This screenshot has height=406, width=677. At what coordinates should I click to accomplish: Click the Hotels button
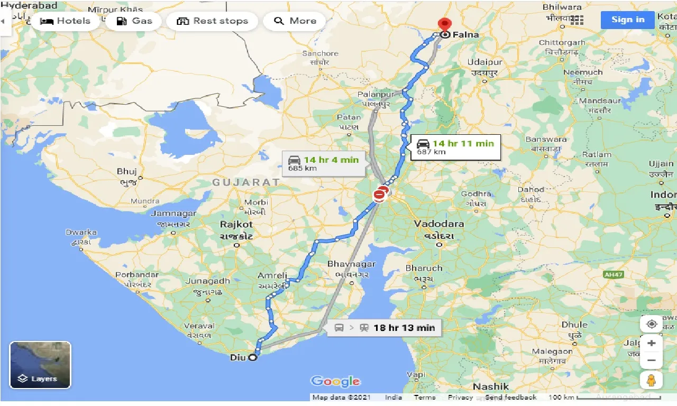pos(65,21)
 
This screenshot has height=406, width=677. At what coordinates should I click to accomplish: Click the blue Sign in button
pos(627,20)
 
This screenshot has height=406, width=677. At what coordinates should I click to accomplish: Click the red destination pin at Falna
pos(445,24)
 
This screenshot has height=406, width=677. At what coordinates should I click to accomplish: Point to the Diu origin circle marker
pos(253,357)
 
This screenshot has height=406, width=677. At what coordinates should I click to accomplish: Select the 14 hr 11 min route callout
pos(455,146)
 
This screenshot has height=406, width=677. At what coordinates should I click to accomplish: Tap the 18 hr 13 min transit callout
pos(385,328)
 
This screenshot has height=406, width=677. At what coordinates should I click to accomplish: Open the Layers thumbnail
pos(40,365)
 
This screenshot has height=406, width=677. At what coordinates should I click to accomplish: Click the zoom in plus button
pos(652,344)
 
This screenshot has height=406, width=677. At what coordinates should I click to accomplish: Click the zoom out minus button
pos(652,361)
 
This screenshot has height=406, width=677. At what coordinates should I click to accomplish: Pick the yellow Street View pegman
pos(652,381)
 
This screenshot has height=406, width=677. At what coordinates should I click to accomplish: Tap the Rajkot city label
pos(236,224)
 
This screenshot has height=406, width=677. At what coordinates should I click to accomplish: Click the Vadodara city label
pos(439,224)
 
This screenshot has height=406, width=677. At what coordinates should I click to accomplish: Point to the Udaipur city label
pos(483,62)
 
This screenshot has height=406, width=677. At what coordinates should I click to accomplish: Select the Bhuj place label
pos(127,171)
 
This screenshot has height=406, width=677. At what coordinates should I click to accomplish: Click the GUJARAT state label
pos(246,182)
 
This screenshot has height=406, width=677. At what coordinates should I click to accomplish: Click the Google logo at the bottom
pos(335,381)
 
